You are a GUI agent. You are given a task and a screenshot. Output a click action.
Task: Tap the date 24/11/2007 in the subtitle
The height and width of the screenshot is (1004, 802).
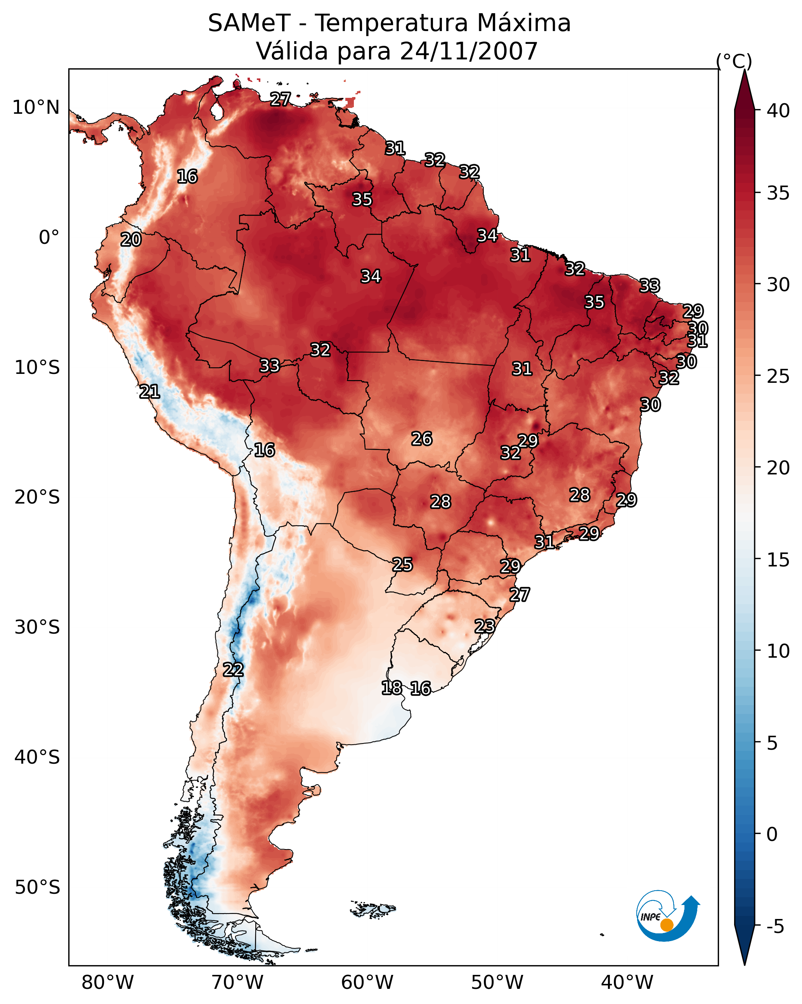(468, 51)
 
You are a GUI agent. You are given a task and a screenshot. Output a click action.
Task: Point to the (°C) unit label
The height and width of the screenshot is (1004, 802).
(734, 61)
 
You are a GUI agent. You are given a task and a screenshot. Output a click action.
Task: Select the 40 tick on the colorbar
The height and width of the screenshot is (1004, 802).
(778, 111)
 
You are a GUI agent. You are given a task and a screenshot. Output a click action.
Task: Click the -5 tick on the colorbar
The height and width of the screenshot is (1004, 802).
(774, 926)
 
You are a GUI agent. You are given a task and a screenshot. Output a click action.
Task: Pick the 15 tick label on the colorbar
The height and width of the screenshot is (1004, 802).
(778, 560)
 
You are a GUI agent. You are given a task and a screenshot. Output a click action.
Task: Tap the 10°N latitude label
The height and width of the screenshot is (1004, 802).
(36, 108)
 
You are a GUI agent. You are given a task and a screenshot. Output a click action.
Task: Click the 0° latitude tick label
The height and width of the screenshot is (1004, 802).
(49, 238)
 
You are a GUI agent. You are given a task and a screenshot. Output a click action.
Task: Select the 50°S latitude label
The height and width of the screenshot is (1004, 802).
(37, 887)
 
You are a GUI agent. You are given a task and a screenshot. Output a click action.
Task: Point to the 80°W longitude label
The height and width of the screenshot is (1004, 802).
(107, 982)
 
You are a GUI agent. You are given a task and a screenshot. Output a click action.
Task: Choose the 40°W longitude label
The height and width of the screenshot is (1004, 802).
(627, 982)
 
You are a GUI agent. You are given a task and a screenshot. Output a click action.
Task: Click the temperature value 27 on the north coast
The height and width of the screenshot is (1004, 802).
(280, 99)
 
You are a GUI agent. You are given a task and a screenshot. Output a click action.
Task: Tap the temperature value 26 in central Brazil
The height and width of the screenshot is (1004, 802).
(422, 438)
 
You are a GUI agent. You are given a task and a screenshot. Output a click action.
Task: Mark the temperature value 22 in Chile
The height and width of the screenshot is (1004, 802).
(233, 670)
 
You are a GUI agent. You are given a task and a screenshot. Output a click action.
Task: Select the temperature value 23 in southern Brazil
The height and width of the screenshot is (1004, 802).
(485, 626)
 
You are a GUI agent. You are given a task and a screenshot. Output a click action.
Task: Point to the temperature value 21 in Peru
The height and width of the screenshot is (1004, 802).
(149, 392)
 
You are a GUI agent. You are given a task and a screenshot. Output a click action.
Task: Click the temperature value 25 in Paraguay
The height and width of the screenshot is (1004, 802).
(402, 565)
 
